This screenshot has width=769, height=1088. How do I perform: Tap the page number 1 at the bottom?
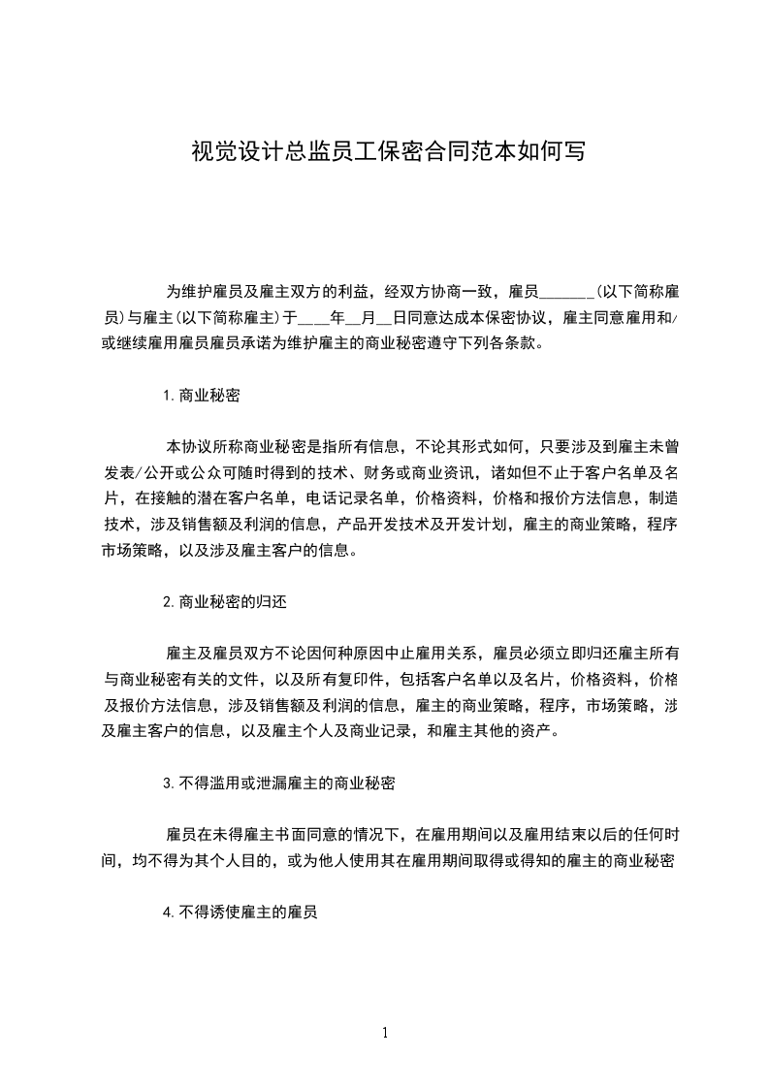(385, 1034)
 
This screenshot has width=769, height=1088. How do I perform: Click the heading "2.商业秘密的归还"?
(224, 601)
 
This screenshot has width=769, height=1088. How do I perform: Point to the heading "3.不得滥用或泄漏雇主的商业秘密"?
(279, 782)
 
